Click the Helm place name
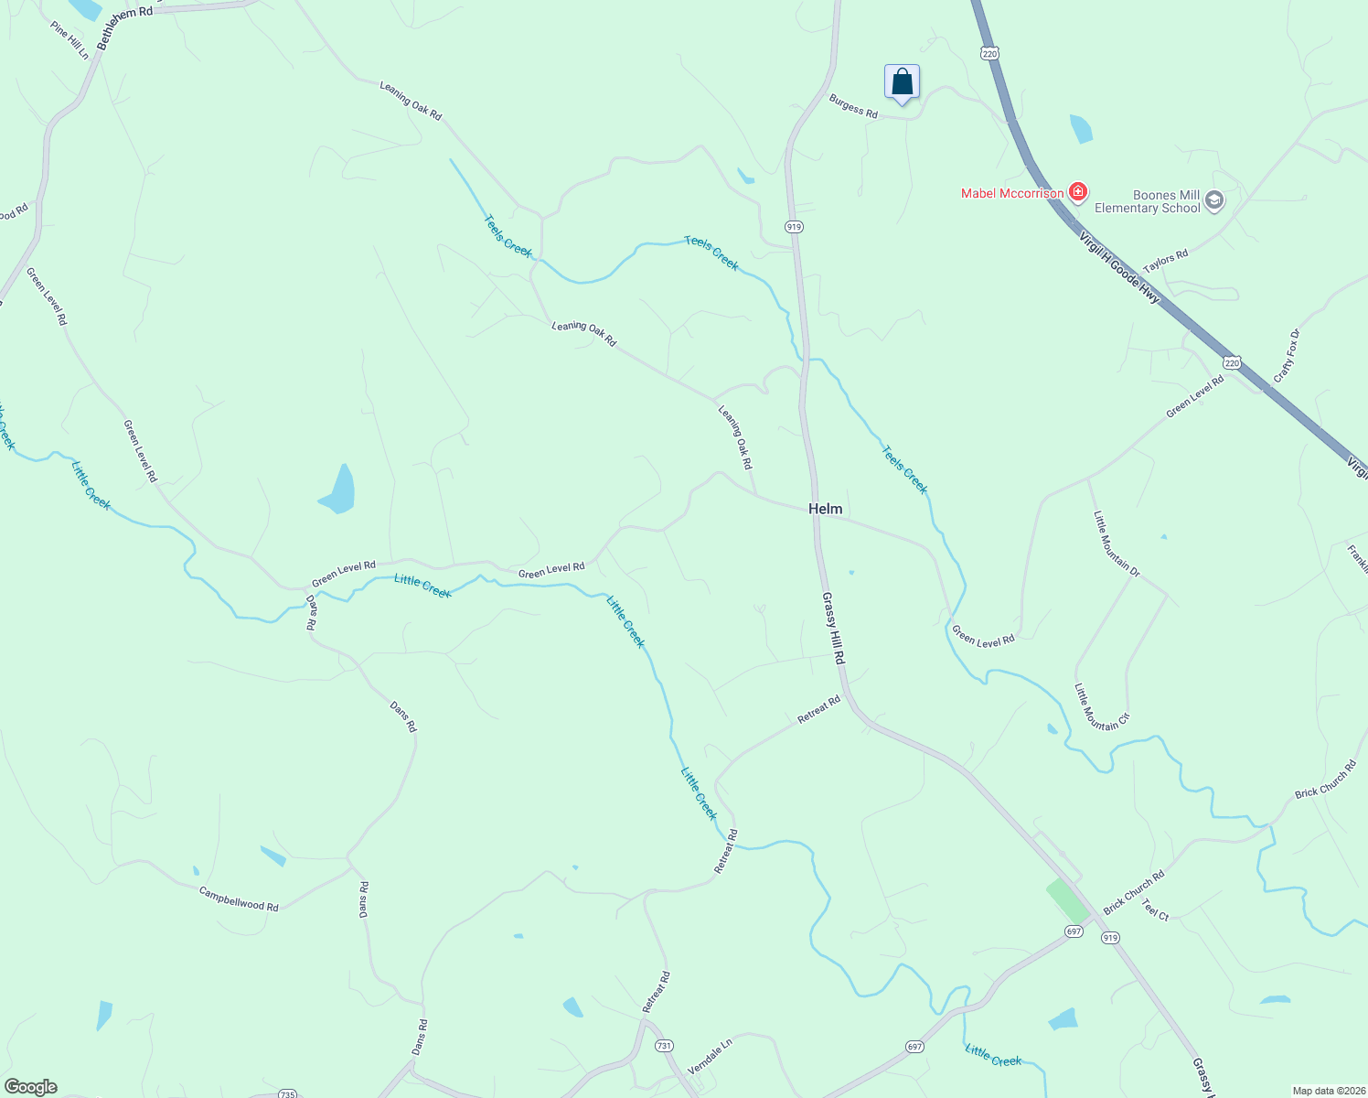click(x=825, y=509)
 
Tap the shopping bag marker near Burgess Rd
click(x=902, y=82)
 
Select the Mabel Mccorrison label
click(x=1011, y=193)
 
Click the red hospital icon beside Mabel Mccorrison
click(x=1078, y=192)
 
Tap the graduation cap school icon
click(x=1214, y=200)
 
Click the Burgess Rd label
click(x=853, y=106)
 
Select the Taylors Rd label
click(x=1165, y=261)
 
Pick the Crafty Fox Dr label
click(x=1287, y=356)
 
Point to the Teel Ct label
click(x=1155, y=912)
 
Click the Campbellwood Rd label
click(x=239, y=899)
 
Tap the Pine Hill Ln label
click(x=70, y=41)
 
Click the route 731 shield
click(x=664, y=1046)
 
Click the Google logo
click(x=30, y=1087)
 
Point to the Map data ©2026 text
click(x=1327, y=1091)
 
